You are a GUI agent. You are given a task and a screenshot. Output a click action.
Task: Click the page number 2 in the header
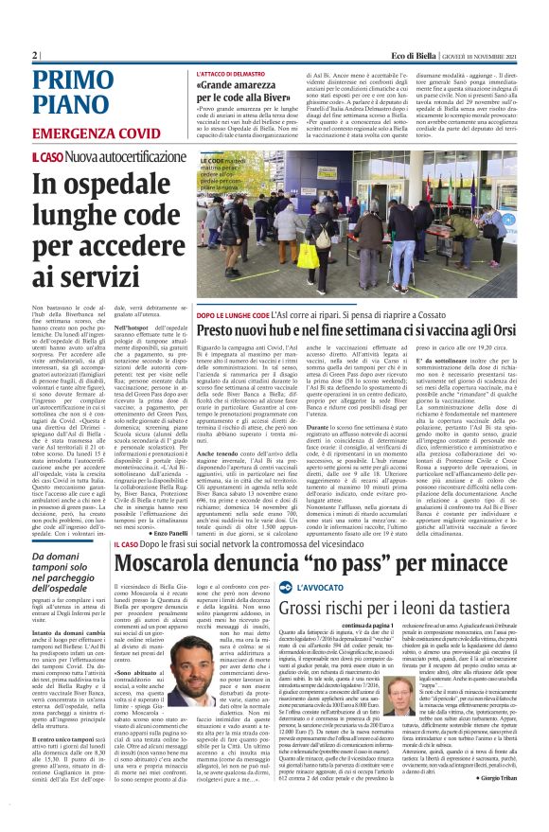(x=34, y=55)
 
